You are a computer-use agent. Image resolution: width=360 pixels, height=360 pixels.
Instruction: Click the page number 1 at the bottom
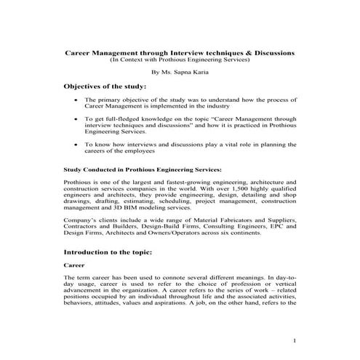click(294, 339)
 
